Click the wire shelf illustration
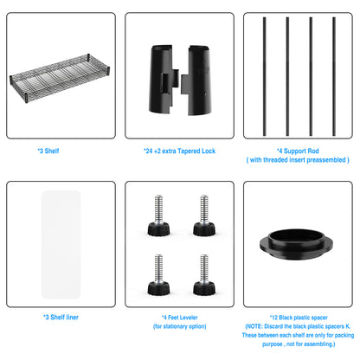pyautogui.click(x=60, y=78)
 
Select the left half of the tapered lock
pyautogui.click(x=163, y=79)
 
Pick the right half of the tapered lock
pyautogui.click(x=197, y=80)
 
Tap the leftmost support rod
pyautogui.click(x=264, y=76)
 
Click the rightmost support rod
pyautogui.click(x=334, y=76)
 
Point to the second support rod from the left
pyautogui.click(x=287, y=76)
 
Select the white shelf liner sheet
pyautogui.click(x=61, y=245)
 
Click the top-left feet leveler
pyautogui.click(x=158, y=215)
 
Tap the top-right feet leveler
pyautogui.click(x=204, y=215)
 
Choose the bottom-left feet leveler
pyautogui.click(x=158, y=275)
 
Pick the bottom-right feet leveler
pyautogui.click(x=204, y=275)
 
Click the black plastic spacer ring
pyautogui.click(x=296, y=245)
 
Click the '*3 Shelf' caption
pyautogui.click(x=48, y=151)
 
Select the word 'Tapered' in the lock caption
pyautogui.click(x=189, y=151)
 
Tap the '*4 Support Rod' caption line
pyautogui.click(x=298, y=151)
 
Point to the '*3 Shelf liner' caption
pyautogui.click(x=61, y=318)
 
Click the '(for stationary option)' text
pyautogui.click(x=180, y=326)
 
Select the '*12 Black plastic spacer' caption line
pyautogui.click(x=299, y=318)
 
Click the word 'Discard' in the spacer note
pyautogui.click(x=273, y=326)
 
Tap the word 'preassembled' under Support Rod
pyautogui.click(x=326, y=160)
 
